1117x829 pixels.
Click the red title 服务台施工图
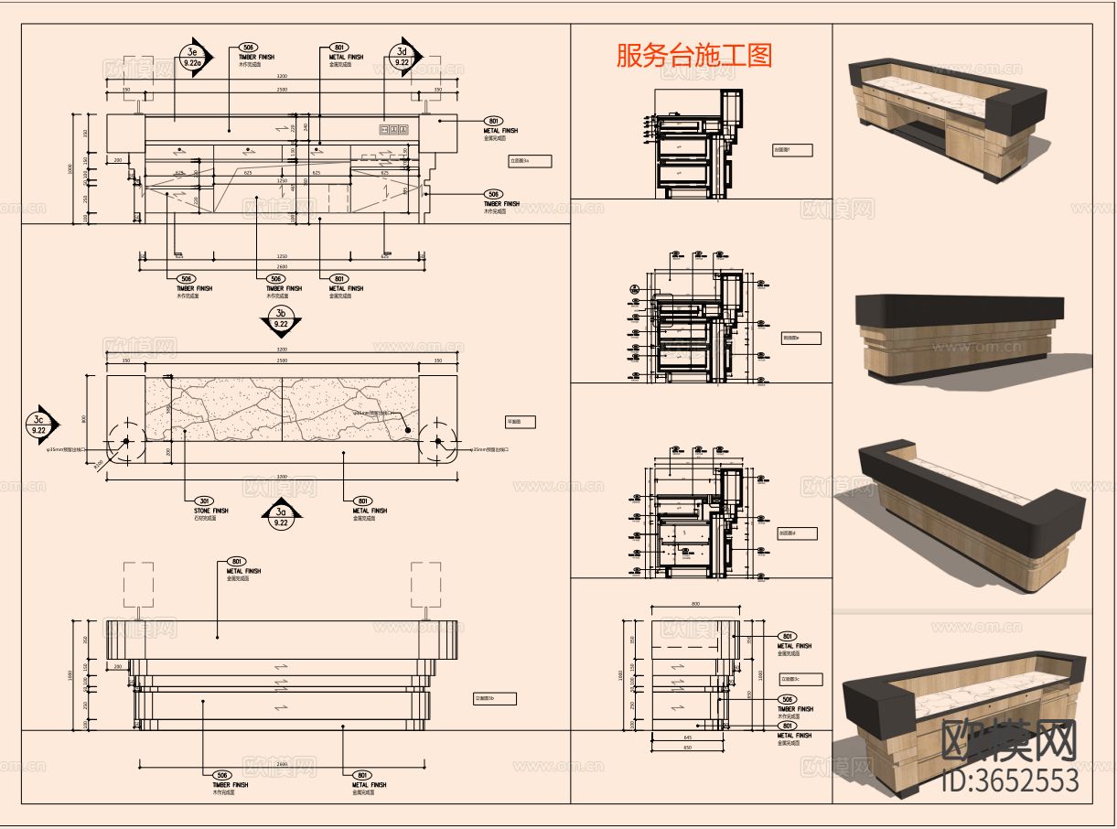click(x=694, y=55)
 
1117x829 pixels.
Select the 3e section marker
click(x=193, y=58)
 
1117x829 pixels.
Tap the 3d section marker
click(x=403, y=57)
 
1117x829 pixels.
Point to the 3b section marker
click(x=281, y=318)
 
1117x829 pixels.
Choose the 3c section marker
click(x=40, y=424)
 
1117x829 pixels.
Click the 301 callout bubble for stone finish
click(x=203, y=501)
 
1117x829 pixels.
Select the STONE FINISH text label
click(x=211, y=511)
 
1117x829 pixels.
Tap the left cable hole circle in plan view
click(x=126, y=441)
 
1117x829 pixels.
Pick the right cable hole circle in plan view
click(x=439, y=441)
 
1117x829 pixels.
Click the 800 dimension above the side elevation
click(x=695, y=604)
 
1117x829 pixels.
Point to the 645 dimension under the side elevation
click(x=687, y=737)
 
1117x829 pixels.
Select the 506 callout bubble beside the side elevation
click(x=786, y=699)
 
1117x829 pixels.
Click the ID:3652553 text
click(x=1011, y=781)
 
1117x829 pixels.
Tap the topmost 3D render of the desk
click(x=947, y=117)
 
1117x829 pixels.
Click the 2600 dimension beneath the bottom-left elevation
click(x=281, y=763)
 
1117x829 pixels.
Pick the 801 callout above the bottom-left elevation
click(x=235, y=561)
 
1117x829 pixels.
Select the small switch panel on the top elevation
click(x=393, y=130)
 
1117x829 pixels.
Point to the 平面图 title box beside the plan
click(x=520, y=422)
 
